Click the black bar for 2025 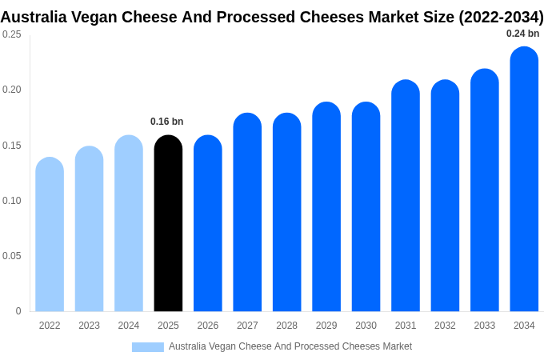pos(168,224)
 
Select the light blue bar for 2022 pos(50,235)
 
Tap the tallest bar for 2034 pos(524,179)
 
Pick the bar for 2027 pos(247,213)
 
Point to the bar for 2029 pos(326,207)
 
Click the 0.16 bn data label pos(167,122)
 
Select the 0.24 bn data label pos(523,34)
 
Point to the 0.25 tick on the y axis pos(12,34)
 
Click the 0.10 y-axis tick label pos(12,201)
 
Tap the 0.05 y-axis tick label pos(12,256)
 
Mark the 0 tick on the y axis pos(18,311)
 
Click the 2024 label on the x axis pos(129,326)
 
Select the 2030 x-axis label pos(366,326)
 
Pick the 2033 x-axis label pos(484,326)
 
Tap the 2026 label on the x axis pos(208,326)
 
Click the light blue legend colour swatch pos(148,347)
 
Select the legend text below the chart pos(290,346)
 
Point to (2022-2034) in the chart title pos(501,17)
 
